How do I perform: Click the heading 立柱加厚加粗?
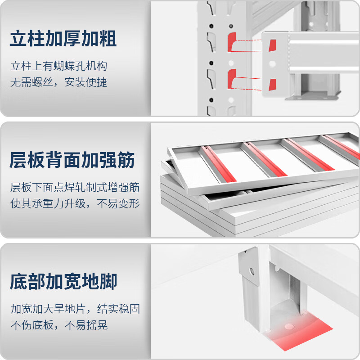tap(63, 39)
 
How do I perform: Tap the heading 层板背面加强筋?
tap(72, 160)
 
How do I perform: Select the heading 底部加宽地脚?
tap(63, 282)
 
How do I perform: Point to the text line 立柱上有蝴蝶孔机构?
tap(59, 67)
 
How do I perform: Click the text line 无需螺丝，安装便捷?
tap(59, 82)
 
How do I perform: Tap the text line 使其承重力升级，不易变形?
tap(75, 203)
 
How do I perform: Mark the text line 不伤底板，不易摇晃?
tap(59, 325)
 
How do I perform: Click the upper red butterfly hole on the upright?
tap(232, 41)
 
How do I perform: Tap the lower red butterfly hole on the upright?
tap(232, 79)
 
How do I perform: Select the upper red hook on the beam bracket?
tap(272, 45)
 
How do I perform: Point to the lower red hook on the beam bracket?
tap(272, 85)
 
